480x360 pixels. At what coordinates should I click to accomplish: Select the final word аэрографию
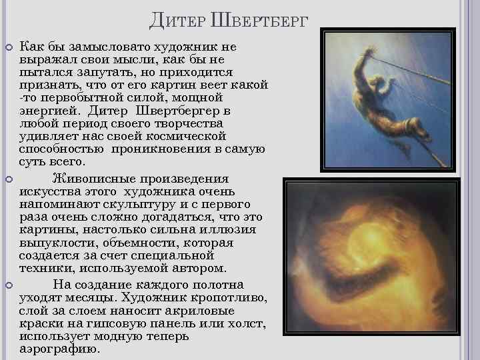click(59, 349)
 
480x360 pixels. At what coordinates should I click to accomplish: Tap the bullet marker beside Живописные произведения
click(9, 179)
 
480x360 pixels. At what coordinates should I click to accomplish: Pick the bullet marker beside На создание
click(9, 285)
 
